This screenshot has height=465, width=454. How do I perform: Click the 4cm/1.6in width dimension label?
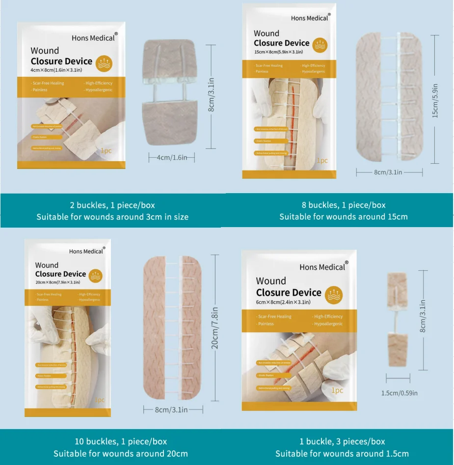tap(172, 157)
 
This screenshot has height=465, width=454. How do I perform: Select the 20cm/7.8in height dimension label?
tap(214, 327)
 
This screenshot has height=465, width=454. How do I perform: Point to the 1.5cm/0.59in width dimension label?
tap(400, 393)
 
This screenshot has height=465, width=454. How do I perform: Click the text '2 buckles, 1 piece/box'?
tap(112, 205)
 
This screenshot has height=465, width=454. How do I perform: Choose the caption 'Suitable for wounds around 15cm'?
tap(344, 217)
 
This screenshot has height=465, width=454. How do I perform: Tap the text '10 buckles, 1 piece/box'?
tap(113, 441)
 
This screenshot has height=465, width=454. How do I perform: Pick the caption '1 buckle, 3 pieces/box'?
tap(342, 441)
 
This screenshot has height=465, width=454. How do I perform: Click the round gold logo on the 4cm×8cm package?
tap(105, 64)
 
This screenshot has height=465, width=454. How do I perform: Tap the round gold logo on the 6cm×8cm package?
tap(334, 295)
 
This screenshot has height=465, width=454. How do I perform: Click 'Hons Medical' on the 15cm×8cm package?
tap(309, 18)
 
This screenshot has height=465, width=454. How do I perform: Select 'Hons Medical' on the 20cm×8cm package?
tap(86, 251)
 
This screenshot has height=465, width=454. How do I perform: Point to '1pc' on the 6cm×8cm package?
tap(337, 390)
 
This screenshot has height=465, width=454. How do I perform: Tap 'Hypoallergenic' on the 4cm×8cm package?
tap(99, 90)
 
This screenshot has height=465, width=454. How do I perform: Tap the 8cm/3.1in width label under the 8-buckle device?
tap(388, 172)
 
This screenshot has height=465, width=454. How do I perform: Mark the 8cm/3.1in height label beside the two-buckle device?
tap(211, 96)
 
